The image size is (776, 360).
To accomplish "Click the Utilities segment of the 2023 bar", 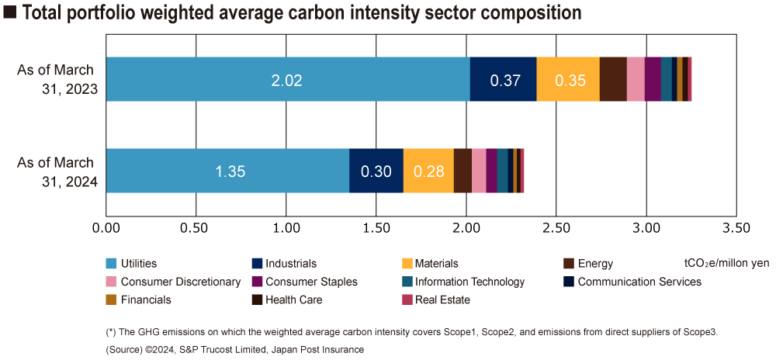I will tap(288, 79).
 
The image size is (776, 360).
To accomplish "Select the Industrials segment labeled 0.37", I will tap(503, 79).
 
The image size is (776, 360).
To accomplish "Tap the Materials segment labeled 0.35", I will tap(568, 79).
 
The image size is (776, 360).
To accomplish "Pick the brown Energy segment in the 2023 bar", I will tap(613, 79).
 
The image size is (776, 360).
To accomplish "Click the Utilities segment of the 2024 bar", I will tap(227, 171).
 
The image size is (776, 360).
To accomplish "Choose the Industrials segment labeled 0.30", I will tap(376, 171).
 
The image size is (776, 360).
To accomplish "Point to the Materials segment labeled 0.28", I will tap(428, 171).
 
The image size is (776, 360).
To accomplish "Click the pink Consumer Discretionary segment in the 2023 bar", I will tap(636, 79).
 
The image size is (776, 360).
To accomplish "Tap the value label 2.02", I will tap(286, 80).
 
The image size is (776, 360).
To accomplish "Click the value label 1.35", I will tap(230, 171).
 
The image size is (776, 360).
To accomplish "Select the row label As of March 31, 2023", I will tap(57, 79).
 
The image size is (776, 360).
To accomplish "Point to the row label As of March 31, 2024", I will tap(57, 171).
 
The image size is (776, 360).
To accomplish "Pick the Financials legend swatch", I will tap(111, 299).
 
